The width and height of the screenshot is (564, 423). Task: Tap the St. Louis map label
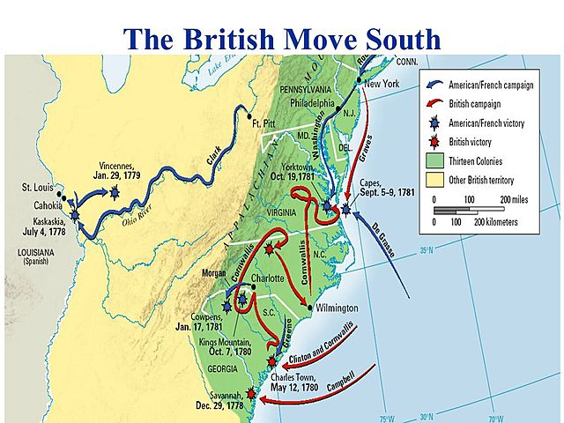pyautogui.click(x=38, y=188)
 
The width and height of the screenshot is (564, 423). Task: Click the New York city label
pyautogui.click(x=382, y=84)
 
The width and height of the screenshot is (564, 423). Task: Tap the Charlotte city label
pyautogui.click(x=267, y=278)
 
